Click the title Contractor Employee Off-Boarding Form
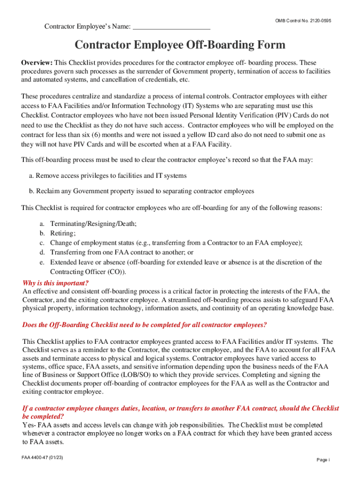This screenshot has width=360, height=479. click(x=180, y=45)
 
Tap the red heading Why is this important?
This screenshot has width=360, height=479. click(x=56, y=283)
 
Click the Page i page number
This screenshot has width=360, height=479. click(x=323, y=460)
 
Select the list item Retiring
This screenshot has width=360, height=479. click(x=63, y=233)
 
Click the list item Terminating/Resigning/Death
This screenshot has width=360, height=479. click(x=93, y=224)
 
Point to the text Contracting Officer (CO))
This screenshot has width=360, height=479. click(x=88, y=272)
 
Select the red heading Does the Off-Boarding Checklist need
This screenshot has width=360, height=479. click(x=145, y=325)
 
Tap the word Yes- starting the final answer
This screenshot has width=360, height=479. click(x=30, y=425)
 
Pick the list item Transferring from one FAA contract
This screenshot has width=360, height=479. click(x=122, y=253)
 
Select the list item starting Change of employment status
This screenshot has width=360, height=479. click(x=176, y=243)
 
